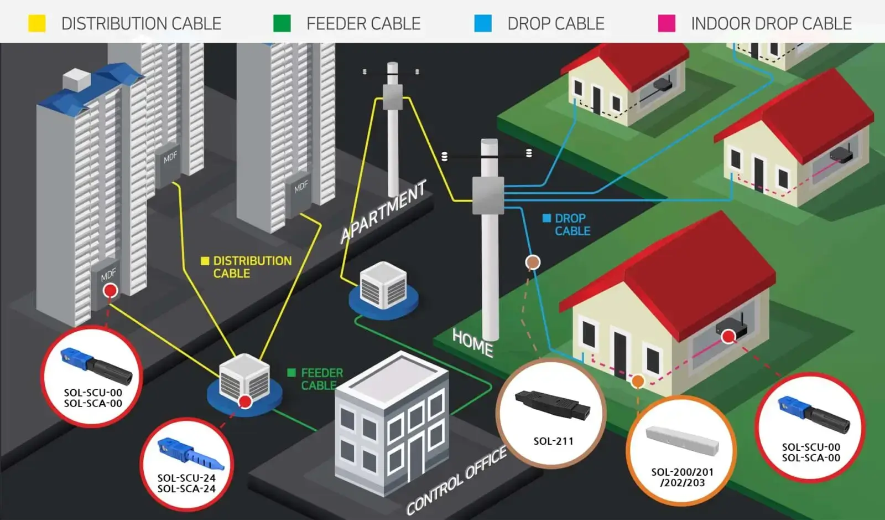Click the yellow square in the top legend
pos(37,23)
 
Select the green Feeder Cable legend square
pos(282,23)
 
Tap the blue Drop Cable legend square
pos(483,23)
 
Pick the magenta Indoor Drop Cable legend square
pos(667,23)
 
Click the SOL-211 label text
pos(553,441)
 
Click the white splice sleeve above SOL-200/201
pos(682,441)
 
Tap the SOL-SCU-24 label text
pos(186,478)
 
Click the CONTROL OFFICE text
pos(456,481)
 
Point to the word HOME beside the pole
pos(472,342)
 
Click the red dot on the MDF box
pos(111,290)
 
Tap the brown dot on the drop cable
pos(533,261)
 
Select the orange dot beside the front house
pos(638,381)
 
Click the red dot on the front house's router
pos(728,336)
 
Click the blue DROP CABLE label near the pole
pos(568,224)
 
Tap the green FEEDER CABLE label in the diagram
pos(316,379)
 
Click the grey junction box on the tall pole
pos(488,195)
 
